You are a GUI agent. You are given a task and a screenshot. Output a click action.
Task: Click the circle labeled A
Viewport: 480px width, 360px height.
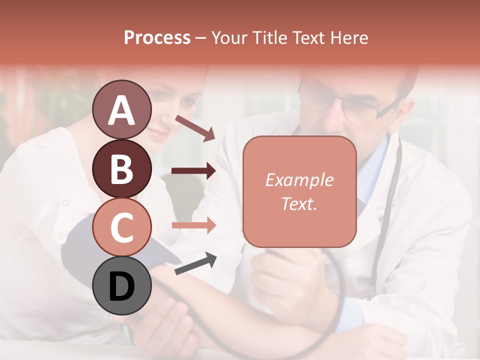pos(122,109)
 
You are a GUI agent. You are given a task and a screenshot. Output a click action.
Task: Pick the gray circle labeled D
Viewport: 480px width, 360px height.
pos(122,285)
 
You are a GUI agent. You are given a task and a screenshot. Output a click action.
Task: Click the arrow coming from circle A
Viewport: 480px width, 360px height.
pos(195,127)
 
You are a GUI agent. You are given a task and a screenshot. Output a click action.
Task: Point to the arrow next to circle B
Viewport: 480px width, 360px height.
pos(193,171)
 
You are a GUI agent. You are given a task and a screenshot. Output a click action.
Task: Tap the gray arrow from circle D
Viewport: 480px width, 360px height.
pos(195,263)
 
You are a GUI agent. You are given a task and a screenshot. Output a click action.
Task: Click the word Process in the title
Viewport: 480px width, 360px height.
pos(157,37)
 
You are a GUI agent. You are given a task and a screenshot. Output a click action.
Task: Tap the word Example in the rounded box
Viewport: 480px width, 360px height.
pos(299,180)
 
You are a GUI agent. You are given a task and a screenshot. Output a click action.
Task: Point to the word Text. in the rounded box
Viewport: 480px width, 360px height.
pos(299,203)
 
